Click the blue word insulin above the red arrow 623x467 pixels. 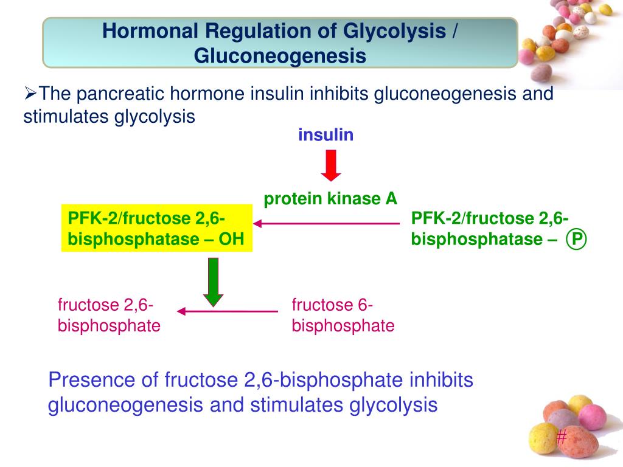tap(325, 135)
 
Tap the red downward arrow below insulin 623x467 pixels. tap(331, 166)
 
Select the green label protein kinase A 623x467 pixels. tap(330, 198)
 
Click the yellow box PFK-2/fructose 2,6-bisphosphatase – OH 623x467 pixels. tap(156, 229)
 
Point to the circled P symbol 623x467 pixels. tap(576, 240)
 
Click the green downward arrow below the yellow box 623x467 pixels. tap(213, 281)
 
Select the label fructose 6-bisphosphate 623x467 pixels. tap(343, 316)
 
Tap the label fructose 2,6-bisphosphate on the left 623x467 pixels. tap(109, 316)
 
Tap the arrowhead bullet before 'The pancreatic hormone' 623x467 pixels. tap(30, 94)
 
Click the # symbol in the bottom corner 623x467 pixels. tap(562, 436)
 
